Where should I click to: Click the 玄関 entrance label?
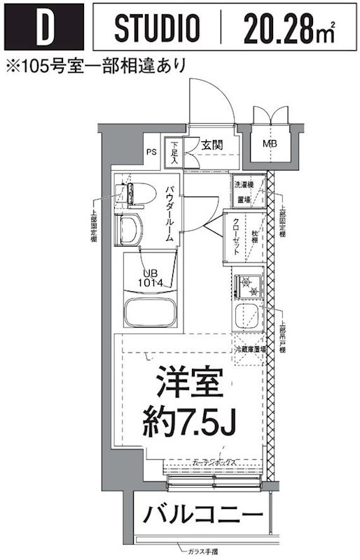click(x=212, y=146)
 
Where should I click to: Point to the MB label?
click(x=269, y=145)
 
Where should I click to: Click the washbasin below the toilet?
click(x=132, y=228)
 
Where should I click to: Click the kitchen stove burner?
click(x=247, y=285)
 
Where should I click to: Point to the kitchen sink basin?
click(x=247, y=316)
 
